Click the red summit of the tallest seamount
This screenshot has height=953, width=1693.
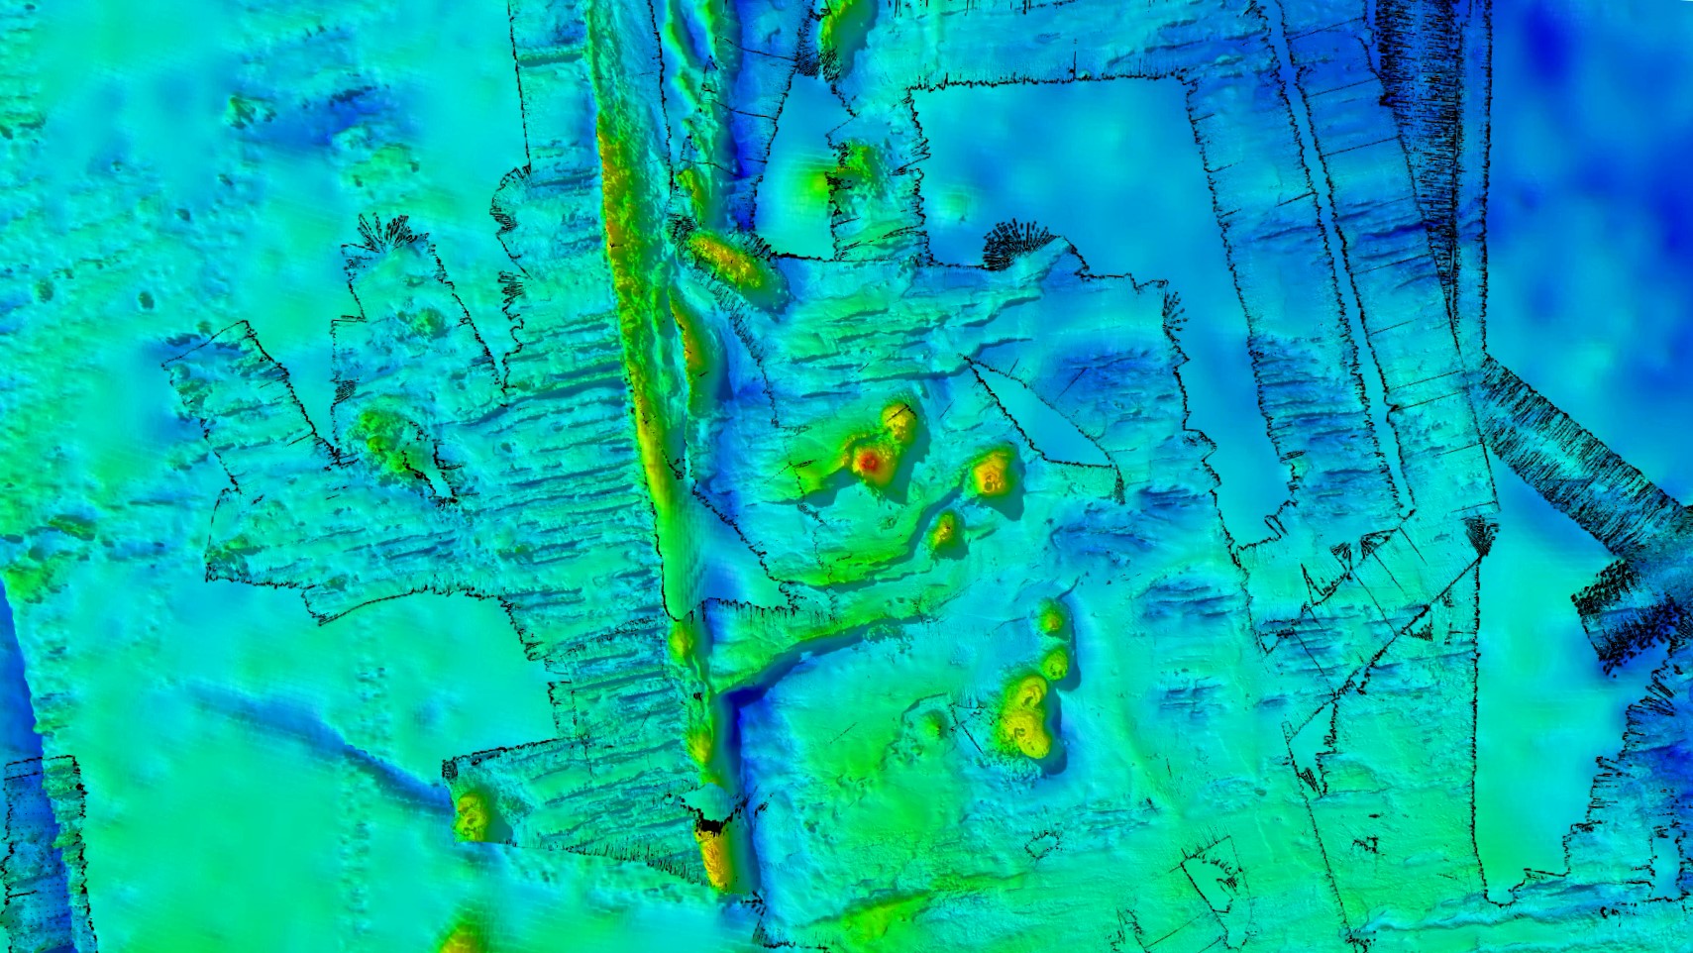click(870, 461)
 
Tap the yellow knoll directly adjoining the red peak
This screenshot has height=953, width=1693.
click(899, 423)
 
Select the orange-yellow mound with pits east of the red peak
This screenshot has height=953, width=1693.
click(992, 473)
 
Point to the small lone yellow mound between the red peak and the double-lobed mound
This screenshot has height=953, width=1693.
click(944, 531)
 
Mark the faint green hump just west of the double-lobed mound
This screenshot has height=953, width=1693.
click(932, 724)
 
